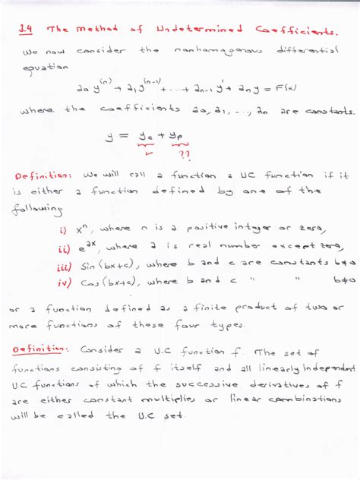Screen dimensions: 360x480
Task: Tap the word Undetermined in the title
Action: point(200,30)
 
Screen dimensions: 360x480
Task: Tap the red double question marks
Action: point(184,153)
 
